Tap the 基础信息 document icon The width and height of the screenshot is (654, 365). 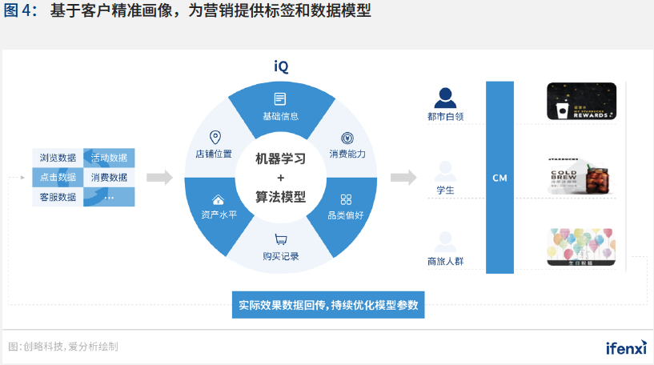tap(280, 99)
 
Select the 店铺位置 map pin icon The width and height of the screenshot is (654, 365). tap(214, 137)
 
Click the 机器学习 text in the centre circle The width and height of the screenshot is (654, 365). tap(280, 158)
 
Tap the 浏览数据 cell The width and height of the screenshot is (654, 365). tap(58, 158)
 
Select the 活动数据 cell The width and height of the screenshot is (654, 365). tap(109, 158)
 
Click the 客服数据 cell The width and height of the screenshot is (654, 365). tap(58, 196)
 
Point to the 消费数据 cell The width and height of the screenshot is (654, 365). tap(109, 177)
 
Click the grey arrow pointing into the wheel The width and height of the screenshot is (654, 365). tap(159, 177)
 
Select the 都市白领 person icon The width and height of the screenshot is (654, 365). tap(445, 98)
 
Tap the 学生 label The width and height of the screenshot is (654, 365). tap(445, 191)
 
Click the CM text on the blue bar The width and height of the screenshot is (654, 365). tap(500, 178)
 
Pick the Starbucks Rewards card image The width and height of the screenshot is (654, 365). tap(582, 102)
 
